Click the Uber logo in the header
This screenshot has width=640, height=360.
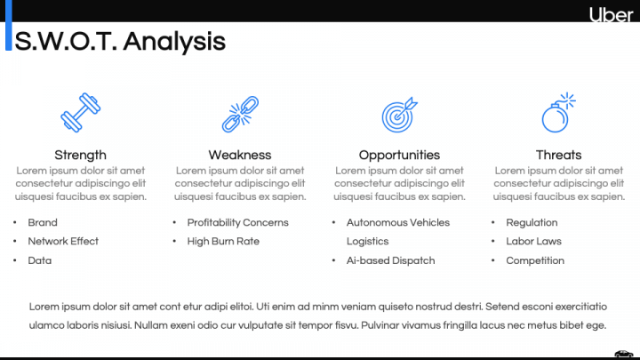tap(612, 14)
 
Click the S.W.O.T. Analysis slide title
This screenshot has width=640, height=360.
tap(121, 41)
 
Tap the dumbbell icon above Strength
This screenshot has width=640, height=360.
tap(80, 113)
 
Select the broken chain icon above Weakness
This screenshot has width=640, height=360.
tap(239, 113)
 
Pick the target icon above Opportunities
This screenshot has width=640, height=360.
tap(399, 114)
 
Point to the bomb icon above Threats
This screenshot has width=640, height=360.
tap(558, 113)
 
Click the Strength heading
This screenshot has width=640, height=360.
tap(80, 155)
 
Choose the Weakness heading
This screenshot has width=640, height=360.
tap(240, 155)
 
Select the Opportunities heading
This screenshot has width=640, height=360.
tap(399, 155)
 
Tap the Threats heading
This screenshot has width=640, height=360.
tap(558, 155)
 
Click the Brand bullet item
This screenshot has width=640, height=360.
tap(43, 222)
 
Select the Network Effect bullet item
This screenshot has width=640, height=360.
tap(63, 241)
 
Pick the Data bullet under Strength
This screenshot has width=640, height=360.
tap(40, 260)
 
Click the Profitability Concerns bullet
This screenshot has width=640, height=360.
tap(237, 222)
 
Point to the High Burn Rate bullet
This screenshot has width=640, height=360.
tap(223, 241)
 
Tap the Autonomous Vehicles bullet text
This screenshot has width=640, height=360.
tap(398, 222)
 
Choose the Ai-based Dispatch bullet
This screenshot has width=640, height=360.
tap(390, 260)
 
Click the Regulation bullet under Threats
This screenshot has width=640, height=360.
tap(532, 222)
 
